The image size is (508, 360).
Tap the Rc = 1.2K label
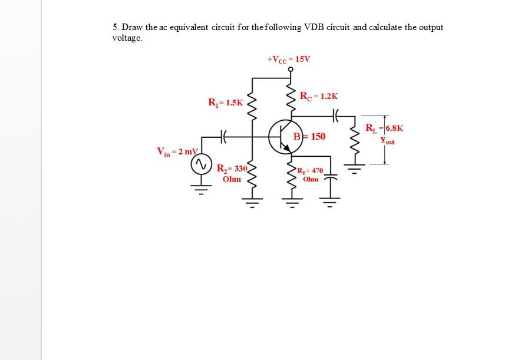319,97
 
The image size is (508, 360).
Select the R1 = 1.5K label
225,102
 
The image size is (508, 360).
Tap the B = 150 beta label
310,137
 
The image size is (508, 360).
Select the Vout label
387,141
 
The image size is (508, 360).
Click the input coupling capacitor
223,137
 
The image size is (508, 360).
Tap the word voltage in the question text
127,38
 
